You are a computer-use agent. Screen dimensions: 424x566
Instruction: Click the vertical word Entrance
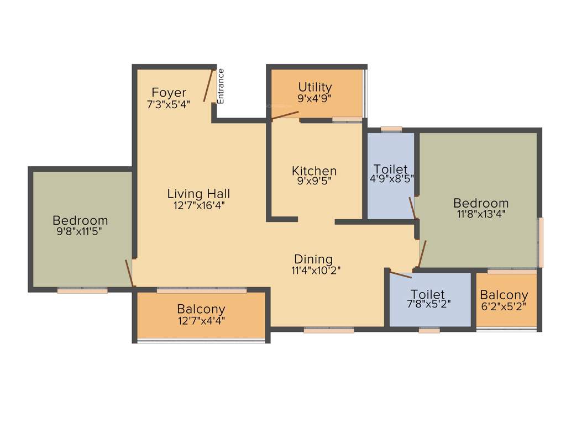click(221, 86)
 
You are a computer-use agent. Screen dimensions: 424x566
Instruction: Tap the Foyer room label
click(169, 92)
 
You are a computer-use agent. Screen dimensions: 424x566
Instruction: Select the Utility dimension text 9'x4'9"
click(315, 99)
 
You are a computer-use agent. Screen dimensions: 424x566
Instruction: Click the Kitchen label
click(315, 171)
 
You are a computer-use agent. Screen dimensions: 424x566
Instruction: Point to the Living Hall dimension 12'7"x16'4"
click(198, 205)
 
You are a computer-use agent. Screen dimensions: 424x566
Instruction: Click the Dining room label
click(313, 259)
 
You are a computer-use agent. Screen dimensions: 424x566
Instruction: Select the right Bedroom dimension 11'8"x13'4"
click(480, 214)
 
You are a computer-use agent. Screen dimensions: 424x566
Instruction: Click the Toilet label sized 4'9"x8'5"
click(391, 169)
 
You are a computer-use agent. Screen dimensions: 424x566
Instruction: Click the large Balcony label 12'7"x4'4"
click(201, 309)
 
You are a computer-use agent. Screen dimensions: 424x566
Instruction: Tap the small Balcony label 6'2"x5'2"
click(504, 295)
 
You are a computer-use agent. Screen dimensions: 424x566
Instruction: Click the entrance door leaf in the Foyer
click(208, 86)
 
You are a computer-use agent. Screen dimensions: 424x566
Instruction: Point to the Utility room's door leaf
click(285, 115)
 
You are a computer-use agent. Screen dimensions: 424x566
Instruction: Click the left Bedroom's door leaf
click(129, 273)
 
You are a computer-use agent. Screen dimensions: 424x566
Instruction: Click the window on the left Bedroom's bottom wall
click(82, 290)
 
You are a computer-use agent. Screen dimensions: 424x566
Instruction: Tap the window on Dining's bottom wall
click(329, 330)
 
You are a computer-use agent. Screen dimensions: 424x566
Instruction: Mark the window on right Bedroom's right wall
click(541, 242)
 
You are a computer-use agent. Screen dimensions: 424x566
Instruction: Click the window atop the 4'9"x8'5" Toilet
click(391, 130)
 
